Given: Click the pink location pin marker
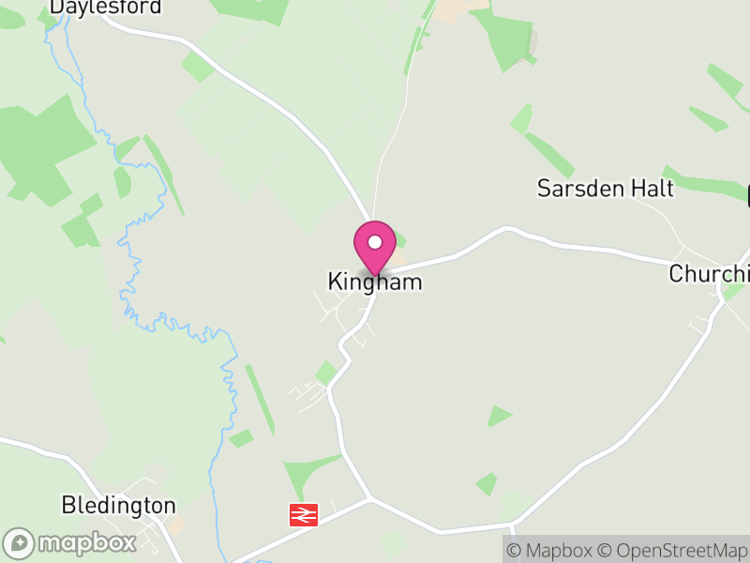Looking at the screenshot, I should (375, 246).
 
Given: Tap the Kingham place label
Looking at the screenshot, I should (375, 281).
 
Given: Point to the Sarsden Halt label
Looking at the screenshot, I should (605, 188).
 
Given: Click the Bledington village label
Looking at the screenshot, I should (118, 506).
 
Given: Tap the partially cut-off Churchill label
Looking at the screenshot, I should (710, 274).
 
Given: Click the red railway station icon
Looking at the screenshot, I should (304, 514).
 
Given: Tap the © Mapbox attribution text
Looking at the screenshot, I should (549, 551).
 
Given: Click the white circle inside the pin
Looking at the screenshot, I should (375, 242).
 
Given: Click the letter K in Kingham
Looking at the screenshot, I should (334, 281).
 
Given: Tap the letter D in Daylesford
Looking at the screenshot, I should (57, 7).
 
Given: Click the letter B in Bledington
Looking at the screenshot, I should (67, 506).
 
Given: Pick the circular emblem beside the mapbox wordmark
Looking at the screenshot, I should (19, 543).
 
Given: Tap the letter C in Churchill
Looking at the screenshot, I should (676, 274).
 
